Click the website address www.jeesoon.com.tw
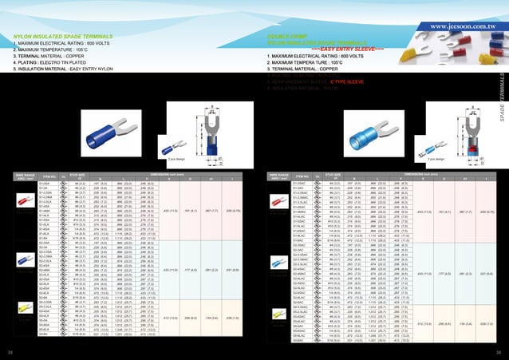coord(463,26)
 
